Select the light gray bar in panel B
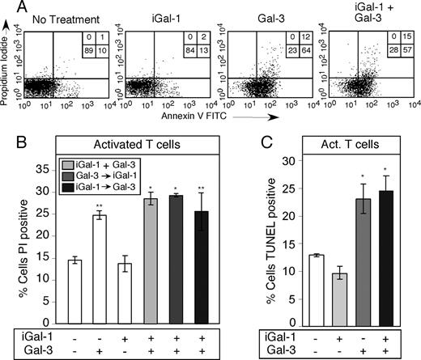pyautogui.click(x=151, y=261)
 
